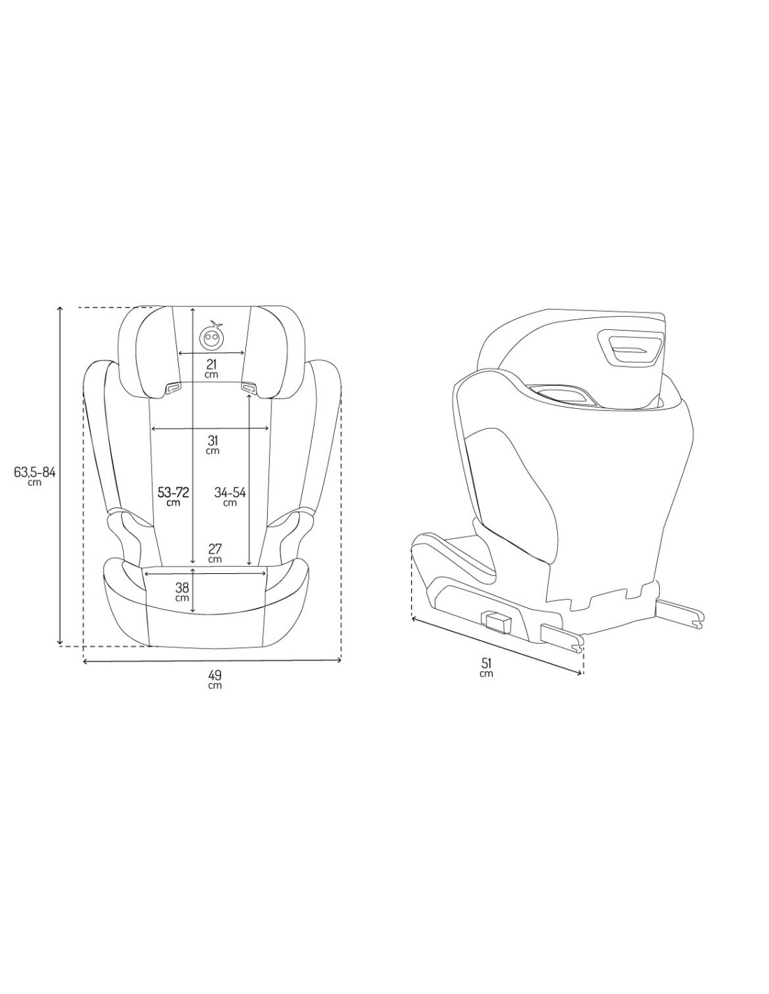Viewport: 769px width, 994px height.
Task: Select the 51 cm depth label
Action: [487, 668]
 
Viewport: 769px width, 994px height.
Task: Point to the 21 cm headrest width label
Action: [211, 368]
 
